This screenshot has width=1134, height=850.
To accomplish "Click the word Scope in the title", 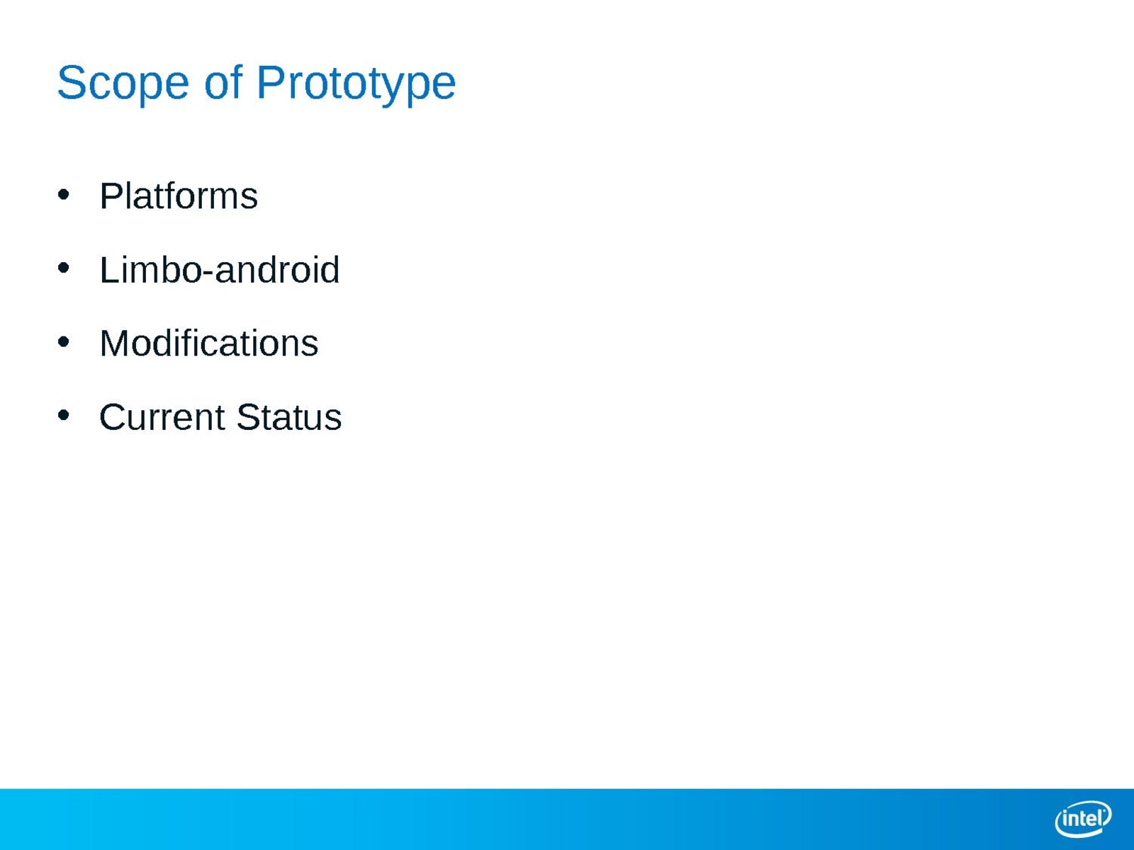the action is click(123, 84).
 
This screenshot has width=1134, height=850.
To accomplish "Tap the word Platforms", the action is click(178, 196).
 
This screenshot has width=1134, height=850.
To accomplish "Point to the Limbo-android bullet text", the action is click(220, 269).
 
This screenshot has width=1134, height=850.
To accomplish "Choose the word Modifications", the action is click(208, 344).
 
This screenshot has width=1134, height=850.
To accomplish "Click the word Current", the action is click(162, 417).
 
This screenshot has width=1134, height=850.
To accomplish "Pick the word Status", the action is click(289, 417).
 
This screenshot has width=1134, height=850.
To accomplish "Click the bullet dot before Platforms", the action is click(64, 195).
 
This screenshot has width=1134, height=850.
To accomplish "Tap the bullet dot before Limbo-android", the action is click(64, 268).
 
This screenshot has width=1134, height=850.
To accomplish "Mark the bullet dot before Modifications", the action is click(64, 341).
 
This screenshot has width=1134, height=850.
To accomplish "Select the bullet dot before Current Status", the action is click(64, 415).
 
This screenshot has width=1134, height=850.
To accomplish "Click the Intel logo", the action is click(1083, 819).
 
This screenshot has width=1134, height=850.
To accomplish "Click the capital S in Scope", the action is click(72, 83).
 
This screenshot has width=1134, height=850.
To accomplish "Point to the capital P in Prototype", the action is click(271, 83).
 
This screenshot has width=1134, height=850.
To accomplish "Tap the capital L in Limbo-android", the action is click(111, 270).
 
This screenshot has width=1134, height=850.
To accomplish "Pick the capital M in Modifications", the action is click(113, 344).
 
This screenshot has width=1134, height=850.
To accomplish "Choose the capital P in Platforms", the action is click(113, 196).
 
